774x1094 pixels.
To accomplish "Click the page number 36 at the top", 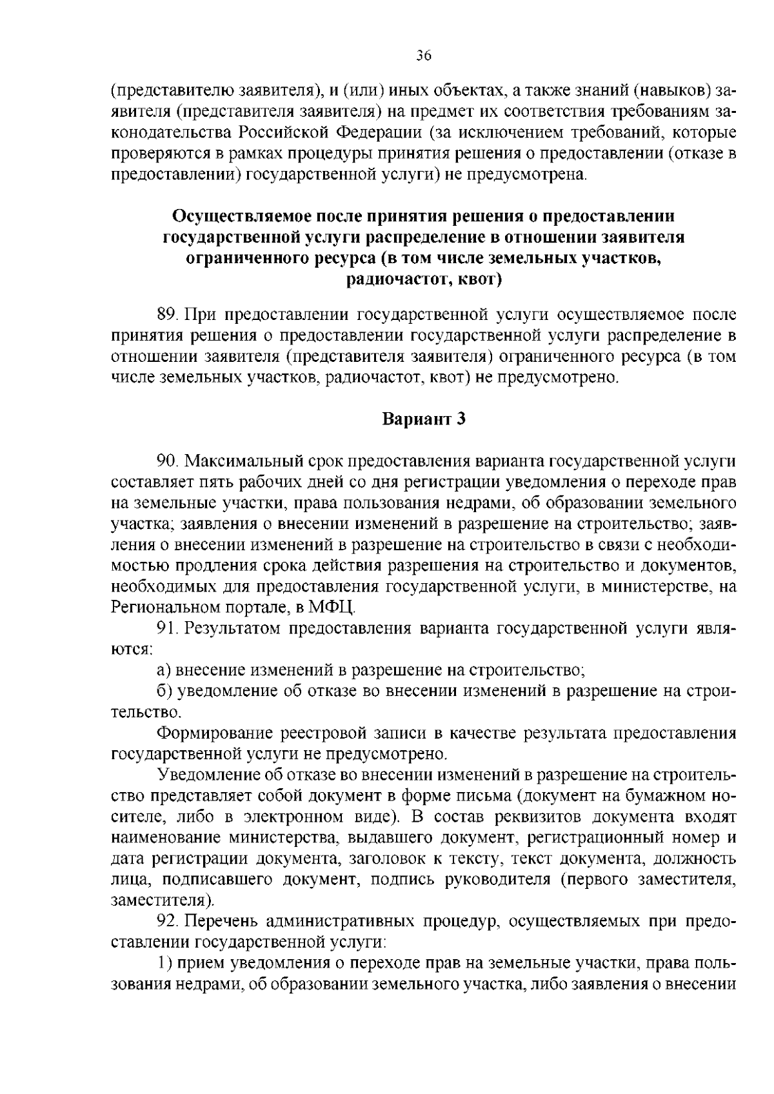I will [423, 55].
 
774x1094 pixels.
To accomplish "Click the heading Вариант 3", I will [424, 419].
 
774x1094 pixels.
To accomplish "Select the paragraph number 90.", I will [167, 461].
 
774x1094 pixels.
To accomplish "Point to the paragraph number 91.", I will [167, 628].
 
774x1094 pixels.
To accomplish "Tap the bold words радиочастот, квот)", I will [423, 280].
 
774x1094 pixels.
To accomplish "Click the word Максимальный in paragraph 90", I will [244, 461].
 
